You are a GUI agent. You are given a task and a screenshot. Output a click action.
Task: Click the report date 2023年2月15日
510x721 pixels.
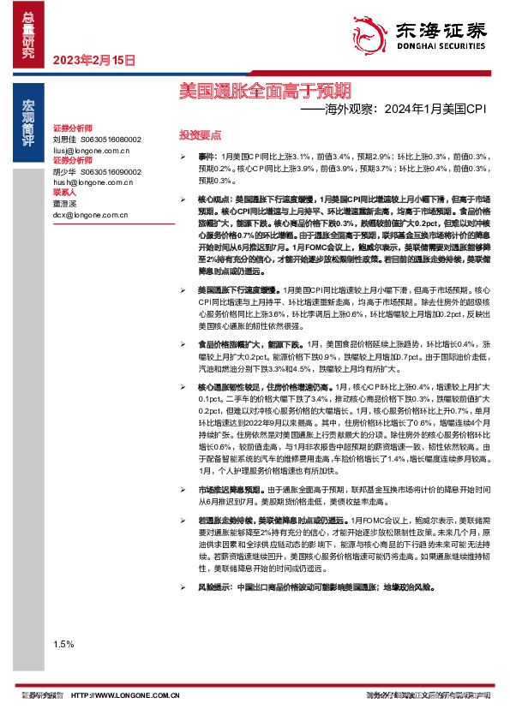pos(95,60)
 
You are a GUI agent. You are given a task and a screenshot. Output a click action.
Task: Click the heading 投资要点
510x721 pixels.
pos(200,135)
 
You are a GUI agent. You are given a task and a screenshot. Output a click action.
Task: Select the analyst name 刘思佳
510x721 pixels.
pos(65,139)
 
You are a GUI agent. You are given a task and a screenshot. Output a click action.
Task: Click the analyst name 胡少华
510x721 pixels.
pos(65,171)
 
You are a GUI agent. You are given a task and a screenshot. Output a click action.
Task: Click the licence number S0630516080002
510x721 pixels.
pos(111,139)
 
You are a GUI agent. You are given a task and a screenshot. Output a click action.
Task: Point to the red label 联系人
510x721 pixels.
pos(65,193)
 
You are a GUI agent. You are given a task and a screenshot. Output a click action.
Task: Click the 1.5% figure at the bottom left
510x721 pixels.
pos(63,643)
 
